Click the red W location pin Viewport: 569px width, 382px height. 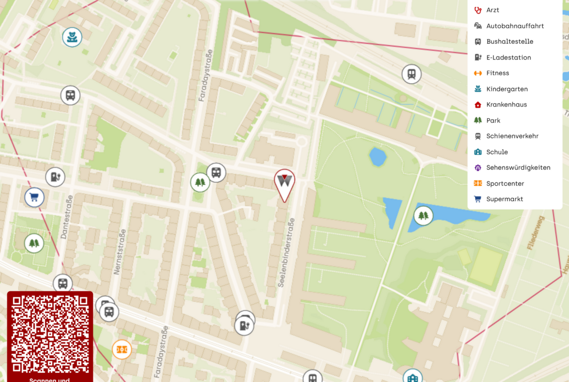pyautogui.click(x=284, y=182)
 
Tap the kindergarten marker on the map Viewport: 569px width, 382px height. pyautogui.click(x=72, y=37)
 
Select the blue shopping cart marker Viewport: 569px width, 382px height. pyautogui.click(x=35, y=197)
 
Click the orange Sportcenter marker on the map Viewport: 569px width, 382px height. pyautogui.click(x=122, y=349)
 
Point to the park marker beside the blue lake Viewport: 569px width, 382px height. pyautogui.click(x=424, y=215)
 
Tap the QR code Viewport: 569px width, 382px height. pyautogui.click(x=50, y=334)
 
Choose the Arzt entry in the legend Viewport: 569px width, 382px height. pyautogui.click(x=493, y=10)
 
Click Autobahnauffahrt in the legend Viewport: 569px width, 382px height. pyautogui.click(x=515, y=26)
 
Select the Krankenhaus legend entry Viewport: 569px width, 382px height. pyautogui.click(x=506, y=105)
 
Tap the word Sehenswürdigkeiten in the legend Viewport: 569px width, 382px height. pyautogui.click(x=518, y=167)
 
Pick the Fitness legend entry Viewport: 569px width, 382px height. pyautogui.click(x=498, y=73)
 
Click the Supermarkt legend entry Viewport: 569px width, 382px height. pyautogui.click(x=505, y=199)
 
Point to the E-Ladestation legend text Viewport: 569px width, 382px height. pyautogui.click(x=509, y=57)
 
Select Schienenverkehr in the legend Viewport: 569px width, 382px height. pyautogui.click(x=512, y=136)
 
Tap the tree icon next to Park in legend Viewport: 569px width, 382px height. pyautogui.click(x=478, y=120)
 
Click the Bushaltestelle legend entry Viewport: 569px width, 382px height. pyautogui.click(x=510, y=42)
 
